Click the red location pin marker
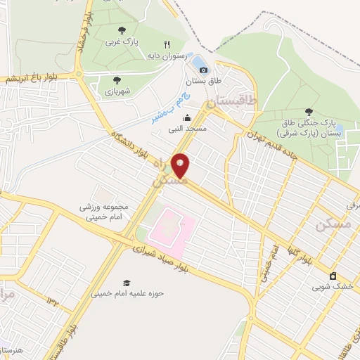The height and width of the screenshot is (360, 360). (x=181, y=165)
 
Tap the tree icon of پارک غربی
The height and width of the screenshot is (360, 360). (x=122, y=30)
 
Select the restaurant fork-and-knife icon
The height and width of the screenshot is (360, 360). (x=167, y=44)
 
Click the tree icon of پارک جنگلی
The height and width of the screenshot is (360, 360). (x=309, y=112)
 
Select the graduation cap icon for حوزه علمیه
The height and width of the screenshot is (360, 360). (x=127, y=283)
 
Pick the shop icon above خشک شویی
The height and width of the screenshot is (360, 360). (x=333, y=276)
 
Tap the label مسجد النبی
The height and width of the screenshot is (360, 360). (x=186, y=130)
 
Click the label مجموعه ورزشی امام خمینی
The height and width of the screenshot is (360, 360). (x=107, y=212)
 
